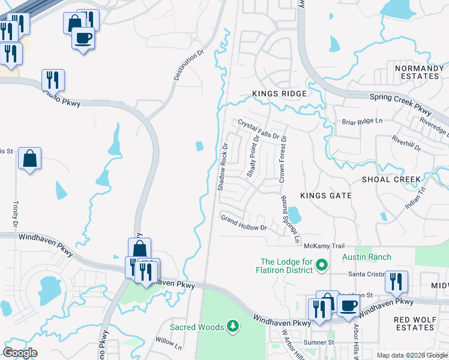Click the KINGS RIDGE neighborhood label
279,94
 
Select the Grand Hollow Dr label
243,223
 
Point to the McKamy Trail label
324,246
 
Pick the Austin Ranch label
367,257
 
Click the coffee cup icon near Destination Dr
83,39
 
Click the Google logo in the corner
20,353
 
